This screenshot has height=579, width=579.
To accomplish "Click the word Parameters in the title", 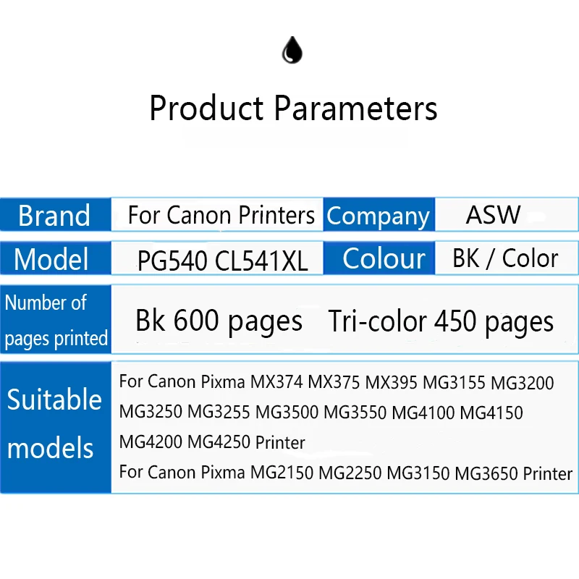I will point(355,109).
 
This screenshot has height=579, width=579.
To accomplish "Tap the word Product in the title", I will point(206,109).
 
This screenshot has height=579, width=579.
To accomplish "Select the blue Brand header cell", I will point(55,216).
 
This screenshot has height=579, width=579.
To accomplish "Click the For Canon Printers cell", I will point(221,215).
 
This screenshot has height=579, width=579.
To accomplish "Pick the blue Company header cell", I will point(378,216).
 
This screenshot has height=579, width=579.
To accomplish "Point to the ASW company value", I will point(493,215).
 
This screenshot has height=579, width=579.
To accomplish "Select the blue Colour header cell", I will point(384,258).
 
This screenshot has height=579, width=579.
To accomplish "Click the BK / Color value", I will point(505,258).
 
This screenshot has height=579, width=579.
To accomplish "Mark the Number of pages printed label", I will point(56,320).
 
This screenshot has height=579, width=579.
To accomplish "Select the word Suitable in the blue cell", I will point(55,400).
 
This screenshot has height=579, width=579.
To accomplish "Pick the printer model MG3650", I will point(486,474).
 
